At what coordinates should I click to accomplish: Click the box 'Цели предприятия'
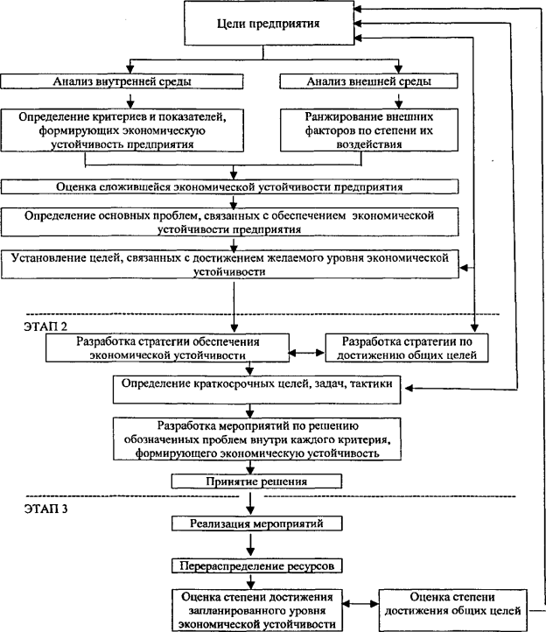click(x=269, y=23)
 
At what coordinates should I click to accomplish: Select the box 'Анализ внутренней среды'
click(x=122, y=81)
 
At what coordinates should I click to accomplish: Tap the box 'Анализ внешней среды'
click(x=368, y=81)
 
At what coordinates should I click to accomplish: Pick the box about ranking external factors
click(x=368, y=130)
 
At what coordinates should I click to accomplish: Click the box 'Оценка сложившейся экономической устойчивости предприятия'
click(x=229, y=187)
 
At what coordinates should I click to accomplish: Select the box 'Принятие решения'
click(x=256, y=481)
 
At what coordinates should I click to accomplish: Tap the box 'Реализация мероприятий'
click(x=256, y=523)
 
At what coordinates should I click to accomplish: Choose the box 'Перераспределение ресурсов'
click(x=256, y=565)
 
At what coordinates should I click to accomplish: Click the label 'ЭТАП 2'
click(x=45, y=327)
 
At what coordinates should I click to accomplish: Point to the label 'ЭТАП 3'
click(x=45, y=509)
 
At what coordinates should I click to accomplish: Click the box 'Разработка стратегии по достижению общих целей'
click(x=407, y=348)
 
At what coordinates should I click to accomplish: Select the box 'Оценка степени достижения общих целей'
click(x=452, y=610)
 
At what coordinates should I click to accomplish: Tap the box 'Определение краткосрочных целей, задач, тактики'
click(x=256, y=390)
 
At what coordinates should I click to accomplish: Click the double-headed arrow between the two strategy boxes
click(x=306, y=353)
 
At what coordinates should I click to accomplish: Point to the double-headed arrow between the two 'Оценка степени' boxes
click(x=360, y=604)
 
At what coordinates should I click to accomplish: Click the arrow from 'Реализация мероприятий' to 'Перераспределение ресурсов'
click(x=250, y=545)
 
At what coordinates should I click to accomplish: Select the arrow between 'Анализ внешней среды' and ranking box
click(x=398, y=101)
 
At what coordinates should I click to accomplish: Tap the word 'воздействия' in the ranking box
click(x=369, y=144)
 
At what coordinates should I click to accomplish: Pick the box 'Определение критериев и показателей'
click(x=122, y=130)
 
